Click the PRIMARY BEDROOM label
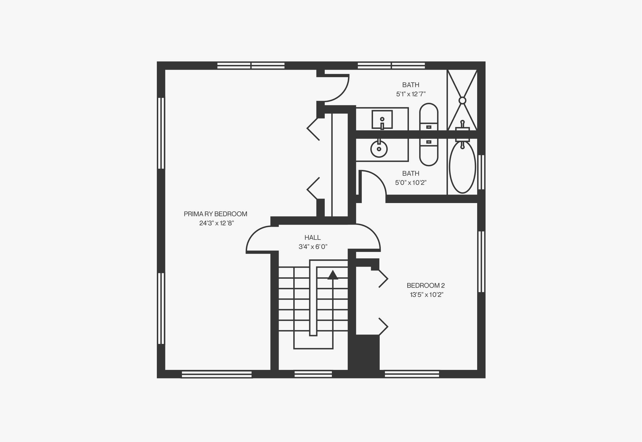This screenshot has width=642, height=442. point(215,214)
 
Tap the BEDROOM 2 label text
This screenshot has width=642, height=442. point(426,285)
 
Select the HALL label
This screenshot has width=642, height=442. point(313,237)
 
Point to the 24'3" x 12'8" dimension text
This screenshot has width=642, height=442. point(216,223)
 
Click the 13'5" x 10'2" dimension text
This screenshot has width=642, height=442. point(427,294)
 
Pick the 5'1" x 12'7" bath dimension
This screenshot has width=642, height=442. point(411,94)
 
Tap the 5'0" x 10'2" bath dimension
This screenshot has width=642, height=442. point(411,183)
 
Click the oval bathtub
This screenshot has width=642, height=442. point(462,167)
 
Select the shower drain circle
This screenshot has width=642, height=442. point(462,100)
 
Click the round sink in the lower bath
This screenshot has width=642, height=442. point(379,149)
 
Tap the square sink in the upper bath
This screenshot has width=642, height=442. point(382,119)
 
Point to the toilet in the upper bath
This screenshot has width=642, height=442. point(429,117)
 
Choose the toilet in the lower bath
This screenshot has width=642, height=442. point(429,152)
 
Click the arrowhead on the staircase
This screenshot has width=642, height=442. point(333,275)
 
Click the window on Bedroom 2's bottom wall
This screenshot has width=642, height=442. point(412,374)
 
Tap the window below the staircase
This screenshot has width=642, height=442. point(313,374)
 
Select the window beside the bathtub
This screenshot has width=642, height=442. point(481,172)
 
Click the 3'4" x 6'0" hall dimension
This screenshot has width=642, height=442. point(313,246)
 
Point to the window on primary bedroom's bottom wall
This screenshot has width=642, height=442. point(216,374)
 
